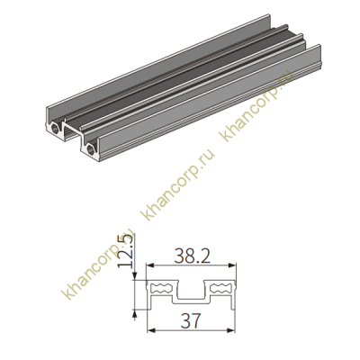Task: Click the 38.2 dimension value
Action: click(x=192, y=256)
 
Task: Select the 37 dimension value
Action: click(x=191, y=320)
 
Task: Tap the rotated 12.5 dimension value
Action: click(x=125, y=252)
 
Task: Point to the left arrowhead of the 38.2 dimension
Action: click(x=149, y=265)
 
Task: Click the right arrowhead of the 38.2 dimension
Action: click(x=232, y=265)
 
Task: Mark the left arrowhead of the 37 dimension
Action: click(x=151, y=330)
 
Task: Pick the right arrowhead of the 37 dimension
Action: click(x=231, y=330)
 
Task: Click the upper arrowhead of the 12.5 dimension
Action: click(x=135, y=276)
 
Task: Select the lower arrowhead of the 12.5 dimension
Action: click(x=135, y=313)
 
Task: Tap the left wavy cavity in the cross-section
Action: click(x=162, y=288)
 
